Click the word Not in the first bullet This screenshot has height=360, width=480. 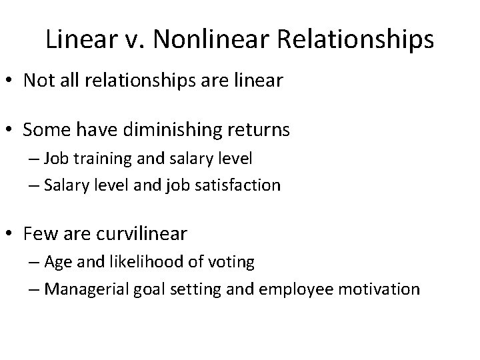(x=36, y=81)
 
